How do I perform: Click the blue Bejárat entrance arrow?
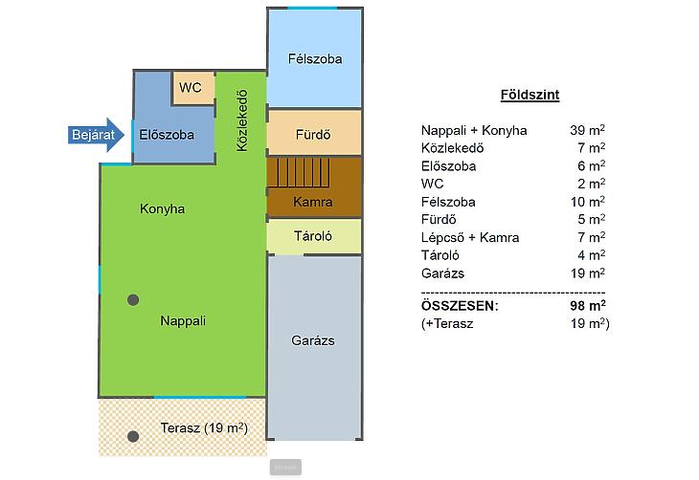[x=96, y=135]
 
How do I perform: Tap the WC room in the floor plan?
[x=193, y=88]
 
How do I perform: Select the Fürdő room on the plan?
[x=314, y=133]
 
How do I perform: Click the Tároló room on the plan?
[x=314, y=236]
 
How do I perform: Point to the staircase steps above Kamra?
[x=298, y=172]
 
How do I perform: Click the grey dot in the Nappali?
[x=133, y=299]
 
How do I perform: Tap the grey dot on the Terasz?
[x=133, y=436]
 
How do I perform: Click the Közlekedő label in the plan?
[x=241, y=120]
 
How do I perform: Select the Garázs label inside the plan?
[x=313, y=340]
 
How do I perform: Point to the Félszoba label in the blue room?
[x=315, y=58]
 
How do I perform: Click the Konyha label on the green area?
[x=162, y=208]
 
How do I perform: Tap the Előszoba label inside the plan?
[x=167, y=135]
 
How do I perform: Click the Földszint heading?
[x=530, y=95]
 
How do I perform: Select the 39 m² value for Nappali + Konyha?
[x=587, y=130]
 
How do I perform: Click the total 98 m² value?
[x=588, y=306]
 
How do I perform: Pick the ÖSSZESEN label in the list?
[x=460, y=306]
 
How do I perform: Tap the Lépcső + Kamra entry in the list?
[x=470, y=237]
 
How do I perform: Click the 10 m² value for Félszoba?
[x=588, y=202]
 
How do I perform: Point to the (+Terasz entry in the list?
[x=447, y=324]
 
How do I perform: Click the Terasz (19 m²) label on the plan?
[x=204, y=428]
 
